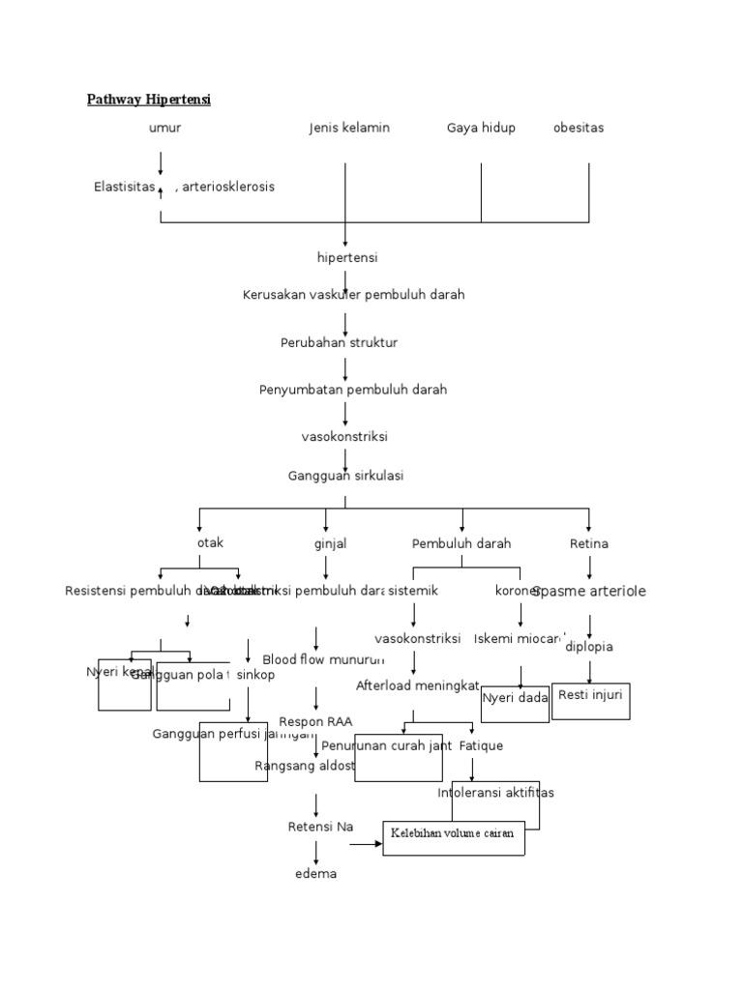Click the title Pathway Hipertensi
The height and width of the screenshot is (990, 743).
coord(149,100)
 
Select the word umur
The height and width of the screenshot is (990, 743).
coord(165,128)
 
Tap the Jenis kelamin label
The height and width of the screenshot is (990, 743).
coord(349,128)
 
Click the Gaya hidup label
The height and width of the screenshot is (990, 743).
coord(481,128)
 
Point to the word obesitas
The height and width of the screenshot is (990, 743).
coord(579,128)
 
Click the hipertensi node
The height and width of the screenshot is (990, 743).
coord(347,258)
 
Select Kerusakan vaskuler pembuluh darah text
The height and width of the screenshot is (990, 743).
coord(353,295)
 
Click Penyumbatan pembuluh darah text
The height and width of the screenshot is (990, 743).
coord(353,390)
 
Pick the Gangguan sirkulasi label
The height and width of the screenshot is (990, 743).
coord(345,476)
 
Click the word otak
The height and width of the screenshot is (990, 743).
coord(210,543)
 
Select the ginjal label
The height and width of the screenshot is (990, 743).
coord(331,544)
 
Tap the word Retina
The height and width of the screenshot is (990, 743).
coord(588,544)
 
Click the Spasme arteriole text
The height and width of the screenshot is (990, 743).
coord(589,591)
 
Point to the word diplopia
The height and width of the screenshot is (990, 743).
coord(589,647)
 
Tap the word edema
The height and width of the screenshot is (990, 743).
coord(316,874)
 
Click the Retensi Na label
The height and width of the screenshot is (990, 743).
coord(321,827)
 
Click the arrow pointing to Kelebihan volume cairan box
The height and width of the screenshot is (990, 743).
coord(366,844)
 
